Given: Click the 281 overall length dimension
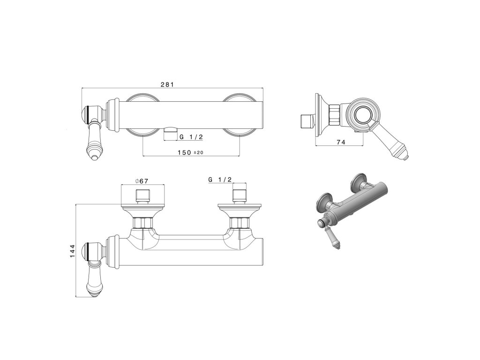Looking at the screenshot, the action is pos(167,84).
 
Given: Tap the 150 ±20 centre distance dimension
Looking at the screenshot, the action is pos(190,152).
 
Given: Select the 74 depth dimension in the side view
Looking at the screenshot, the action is pos(341,142).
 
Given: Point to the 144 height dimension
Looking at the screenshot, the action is pos(72,251).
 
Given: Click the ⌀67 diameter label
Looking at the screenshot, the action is pos(142,181).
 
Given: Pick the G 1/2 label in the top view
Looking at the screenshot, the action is pos(191,137).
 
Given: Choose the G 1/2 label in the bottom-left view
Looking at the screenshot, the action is pos(220,180).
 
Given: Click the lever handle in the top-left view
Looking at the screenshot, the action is pos(94,141).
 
